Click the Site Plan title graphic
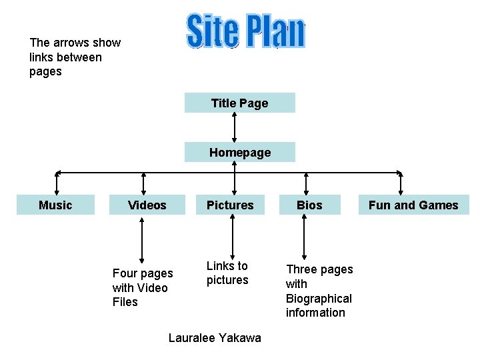point(245,32)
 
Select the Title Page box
point(239,103)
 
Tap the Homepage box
point(239,153)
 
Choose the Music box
point(55,205)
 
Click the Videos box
point(147,205)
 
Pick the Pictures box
point(231,205)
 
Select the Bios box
point(309,205)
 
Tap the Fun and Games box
point(413,205)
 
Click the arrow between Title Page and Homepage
point(234,127)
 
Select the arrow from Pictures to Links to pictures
point(232,237)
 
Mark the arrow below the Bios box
point(305,237)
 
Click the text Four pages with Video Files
point(142,287)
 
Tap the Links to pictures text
point(227,273)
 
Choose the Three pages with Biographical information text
point(319,291)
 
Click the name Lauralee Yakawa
point(215,338)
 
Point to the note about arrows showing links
point(75,57)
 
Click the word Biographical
point(319,298)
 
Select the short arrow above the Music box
point(57,183)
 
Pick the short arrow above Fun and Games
point(401,183)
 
